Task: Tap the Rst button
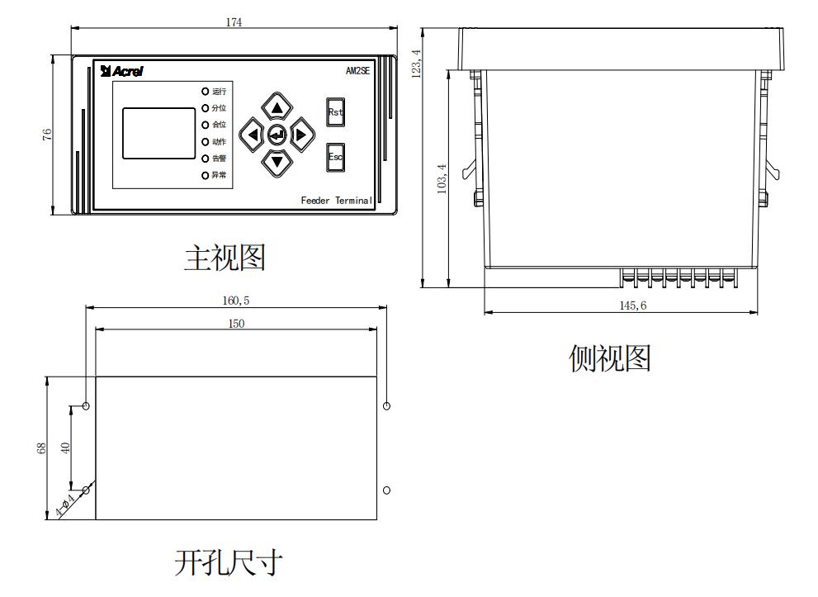click(335, 112)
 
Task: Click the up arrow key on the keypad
click(277, 107)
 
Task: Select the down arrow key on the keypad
click(277, 160)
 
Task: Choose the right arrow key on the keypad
click(301, 135)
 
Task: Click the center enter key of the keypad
click(277, 135)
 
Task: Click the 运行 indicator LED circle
click(205, 91)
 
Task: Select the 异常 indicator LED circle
click(205, 175)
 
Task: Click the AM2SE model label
click(357, 71)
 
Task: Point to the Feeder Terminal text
click(336, 201)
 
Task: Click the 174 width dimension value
click(234, 22)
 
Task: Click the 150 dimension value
click(235, 324)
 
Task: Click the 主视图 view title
click(224, 258)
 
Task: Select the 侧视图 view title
click(610, 358)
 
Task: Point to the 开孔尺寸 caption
click(229, 564)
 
